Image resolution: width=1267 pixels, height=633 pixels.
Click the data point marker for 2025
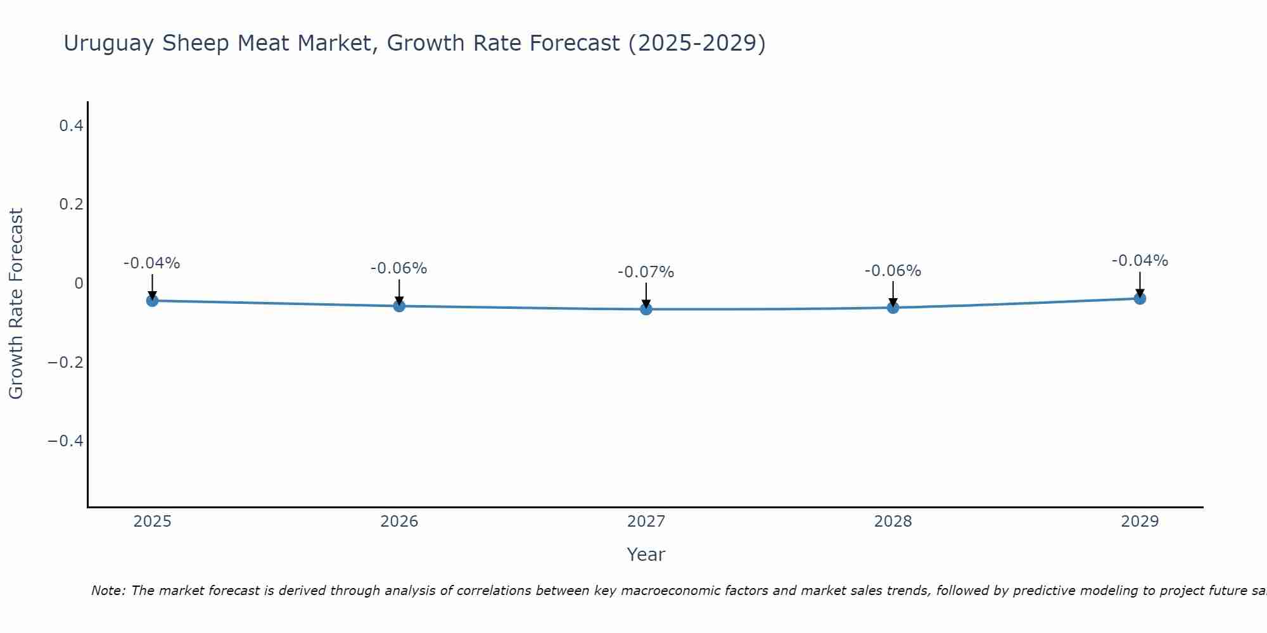tap(152, 301)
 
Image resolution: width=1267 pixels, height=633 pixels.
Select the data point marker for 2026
tap(399, 306)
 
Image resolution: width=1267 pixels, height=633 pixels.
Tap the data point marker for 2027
tap(646, 310)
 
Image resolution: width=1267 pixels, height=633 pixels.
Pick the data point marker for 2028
tap(893, 308)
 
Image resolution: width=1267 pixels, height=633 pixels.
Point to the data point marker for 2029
tap(1140, 298)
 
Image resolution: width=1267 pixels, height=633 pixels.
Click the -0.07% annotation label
tap(646, 273)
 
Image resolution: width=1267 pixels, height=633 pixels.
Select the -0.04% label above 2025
tap(151, 263)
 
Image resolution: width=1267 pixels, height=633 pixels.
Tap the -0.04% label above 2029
tap(1140, 261)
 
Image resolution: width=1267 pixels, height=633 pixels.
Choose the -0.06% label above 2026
tap(398, 268)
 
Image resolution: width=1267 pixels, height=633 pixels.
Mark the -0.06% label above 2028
tap(893, 271)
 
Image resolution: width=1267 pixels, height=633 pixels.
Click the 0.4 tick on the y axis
tap(71, 126)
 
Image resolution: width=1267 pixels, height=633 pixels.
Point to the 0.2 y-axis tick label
tap(71, 204)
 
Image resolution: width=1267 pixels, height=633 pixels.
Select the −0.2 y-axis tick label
tap(65, 362)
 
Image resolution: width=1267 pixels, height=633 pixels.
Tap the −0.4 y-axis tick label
tap(65, 441)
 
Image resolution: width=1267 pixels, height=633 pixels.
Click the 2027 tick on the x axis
tap(646, 522)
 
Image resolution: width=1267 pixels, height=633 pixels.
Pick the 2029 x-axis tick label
tap(1140, 522)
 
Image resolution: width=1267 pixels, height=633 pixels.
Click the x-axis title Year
tap(646, 555)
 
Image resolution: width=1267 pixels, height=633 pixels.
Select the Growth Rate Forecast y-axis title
tap(16, 304)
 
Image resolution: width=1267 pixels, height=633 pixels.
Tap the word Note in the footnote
tap(107, 591)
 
